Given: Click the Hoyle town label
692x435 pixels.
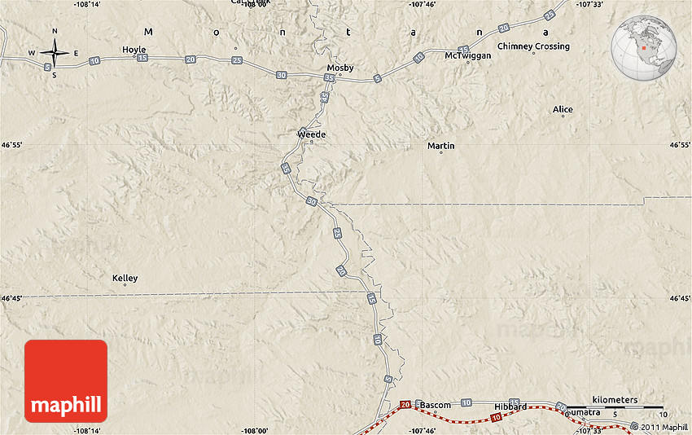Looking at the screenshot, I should [134, 50].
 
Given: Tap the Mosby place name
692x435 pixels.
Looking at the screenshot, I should [340, 68].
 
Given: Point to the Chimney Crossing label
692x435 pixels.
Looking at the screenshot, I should [533, 46].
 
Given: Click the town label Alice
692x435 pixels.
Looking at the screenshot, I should [563, 109].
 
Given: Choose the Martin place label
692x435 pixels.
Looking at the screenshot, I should [441, 146].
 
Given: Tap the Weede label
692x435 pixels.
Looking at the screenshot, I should [312, 134].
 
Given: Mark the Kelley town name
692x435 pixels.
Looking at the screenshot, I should [125, 279].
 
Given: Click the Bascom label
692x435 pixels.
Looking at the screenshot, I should [436, 405].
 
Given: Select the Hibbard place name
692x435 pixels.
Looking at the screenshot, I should [510, 406].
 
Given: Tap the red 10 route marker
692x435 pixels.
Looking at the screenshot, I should [497, 418].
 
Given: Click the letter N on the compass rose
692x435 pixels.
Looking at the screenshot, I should [55, 31].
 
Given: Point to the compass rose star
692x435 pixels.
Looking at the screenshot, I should [55, 53].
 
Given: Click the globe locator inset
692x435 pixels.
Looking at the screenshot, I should [644, 46].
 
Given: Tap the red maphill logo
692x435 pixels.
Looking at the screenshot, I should [66, 381].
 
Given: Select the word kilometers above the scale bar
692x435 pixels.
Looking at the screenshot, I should [615, 400].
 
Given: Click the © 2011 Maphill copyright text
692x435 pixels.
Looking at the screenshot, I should [653, 427].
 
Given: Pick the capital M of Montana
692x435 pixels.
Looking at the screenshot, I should [148, 31].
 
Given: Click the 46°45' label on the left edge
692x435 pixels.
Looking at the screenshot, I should [12, 298].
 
